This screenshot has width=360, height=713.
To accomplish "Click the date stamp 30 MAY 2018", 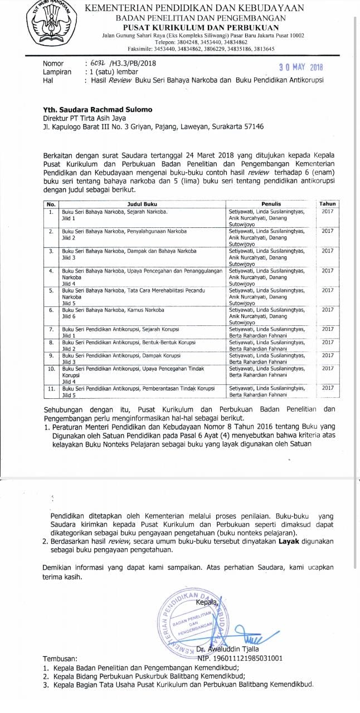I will tap(301, 67).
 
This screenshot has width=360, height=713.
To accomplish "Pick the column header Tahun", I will tap(328, 204).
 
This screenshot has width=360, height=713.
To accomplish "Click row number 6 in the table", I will tap(51, 310).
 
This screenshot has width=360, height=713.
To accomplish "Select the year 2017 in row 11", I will tap(328, 388).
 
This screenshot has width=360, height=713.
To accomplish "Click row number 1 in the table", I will tap(51, 212).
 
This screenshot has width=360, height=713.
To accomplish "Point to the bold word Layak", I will tap(289, 541).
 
